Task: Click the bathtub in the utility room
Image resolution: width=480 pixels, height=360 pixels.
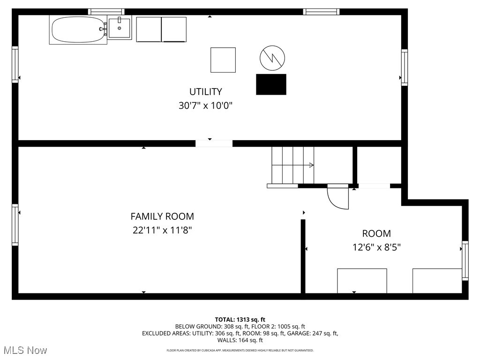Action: coord(78,30)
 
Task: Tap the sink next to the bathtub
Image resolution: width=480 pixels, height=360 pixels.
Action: coord(120,28)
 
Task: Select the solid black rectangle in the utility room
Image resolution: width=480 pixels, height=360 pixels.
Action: coord(271,84)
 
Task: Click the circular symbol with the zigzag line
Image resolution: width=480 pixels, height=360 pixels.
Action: coord(272,58)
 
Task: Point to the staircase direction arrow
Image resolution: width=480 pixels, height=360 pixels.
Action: coord(310,165)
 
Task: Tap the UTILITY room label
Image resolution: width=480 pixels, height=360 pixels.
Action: coord(205,92)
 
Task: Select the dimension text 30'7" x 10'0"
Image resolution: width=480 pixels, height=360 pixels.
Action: coord(205,106)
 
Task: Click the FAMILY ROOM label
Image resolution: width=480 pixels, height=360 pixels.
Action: coord(162,217)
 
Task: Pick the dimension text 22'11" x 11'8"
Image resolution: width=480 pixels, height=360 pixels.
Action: coord(162,231)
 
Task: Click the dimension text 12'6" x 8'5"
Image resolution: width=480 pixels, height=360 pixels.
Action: coord(376,247)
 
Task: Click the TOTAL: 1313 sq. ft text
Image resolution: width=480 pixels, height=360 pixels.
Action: coord(240,320)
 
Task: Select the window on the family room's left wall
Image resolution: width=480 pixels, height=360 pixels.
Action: coord(15,225)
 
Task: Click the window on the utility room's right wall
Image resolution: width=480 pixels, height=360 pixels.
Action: coord(404,67)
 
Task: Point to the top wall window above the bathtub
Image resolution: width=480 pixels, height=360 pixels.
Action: coord(106,12)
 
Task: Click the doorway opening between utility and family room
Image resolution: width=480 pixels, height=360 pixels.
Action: coord(214,143)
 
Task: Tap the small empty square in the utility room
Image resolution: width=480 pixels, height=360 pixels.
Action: coord(223,60)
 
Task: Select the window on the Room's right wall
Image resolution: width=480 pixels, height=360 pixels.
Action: coord(465,260)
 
